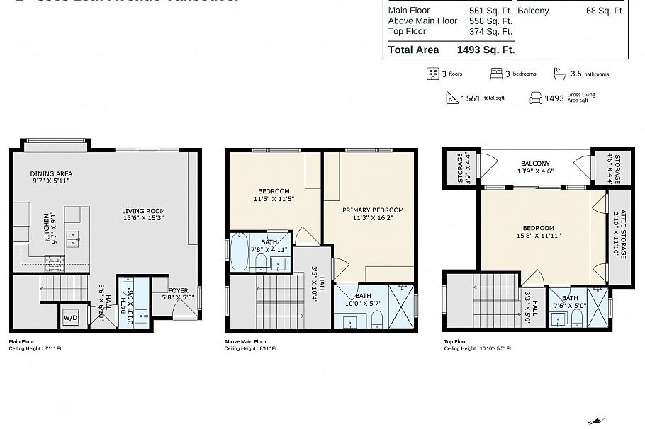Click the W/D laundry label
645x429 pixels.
tap(71, 318)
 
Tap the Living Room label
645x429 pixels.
tap(143, 210)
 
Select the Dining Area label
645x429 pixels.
tap(51, 173)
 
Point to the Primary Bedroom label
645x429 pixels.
tap(373, 210)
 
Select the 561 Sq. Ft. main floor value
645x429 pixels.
tap(490, 11)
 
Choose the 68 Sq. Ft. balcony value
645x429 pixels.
tap(605, 11)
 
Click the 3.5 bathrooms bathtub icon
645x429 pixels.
tap(559, 74)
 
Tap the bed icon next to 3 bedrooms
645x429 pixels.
tap(496, 74)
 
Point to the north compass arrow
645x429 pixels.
tap(598, 420)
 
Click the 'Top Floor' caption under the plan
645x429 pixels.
tap(455, 341)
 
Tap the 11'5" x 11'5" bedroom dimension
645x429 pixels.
tap(274, 199)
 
